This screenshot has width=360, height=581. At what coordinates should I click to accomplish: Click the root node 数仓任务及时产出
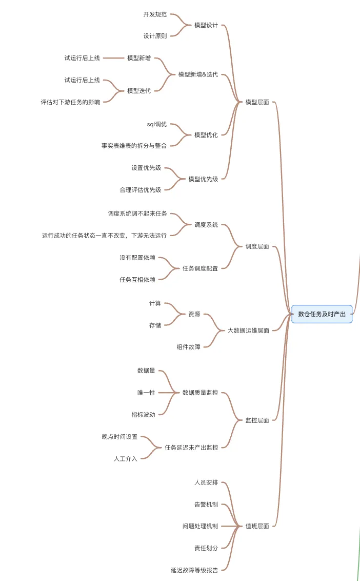point(322,314)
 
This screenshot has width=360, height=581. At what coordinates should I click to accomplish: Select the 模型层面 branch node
point(257,102)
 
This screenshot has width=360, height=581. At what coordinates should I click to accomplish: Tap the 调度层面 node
point(257,246)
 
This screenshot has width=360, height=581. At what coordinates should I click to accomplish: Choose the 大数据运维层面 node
point(248,331)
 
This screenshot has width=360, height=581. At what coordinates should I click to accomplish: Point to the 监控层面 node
point(257,420)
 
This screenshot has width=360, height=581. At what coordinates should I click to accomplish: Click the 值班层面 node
point(257,526)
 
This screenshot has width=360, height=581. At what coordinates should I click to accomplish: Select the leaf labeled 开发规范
point(155,14)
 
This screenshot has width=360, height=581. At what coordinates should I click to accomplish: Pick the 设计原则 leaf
point(155,36)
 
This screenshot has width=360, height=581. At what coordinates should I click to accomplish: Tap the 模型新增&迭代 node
point(198,74)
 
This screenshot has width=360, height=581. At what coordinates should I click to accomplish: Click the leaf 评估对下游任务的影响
point(71,102)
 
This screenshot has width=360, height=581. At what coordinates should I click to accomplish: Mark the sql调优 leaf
point(157,124)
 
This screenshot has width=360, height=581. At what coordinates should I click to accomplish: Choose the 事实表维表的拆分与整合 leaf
point(134,146)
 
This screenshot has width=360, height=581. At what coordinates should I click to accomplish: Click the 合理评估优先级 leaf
point(141,190)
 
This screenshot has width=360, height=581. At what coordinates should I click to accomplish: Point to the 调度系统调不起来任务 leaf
point(137,214)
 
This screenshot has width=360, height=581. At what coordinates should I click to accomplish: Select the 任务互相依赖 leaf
point(137,280)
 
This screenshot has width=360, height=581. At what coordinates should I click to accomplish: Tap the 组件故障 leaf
point(189,347)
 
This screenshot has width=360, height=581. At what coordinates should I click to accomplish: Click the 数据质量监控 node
point(200,393)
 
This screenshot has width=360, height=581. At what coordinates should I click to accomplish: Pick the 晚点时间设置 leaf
point(119,437)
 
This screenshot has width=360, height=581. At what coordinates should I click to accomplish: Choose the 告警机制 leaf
point(206,505)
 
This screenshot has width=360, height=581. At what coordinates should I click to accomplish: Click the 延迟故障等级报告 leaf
point(194,570)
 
